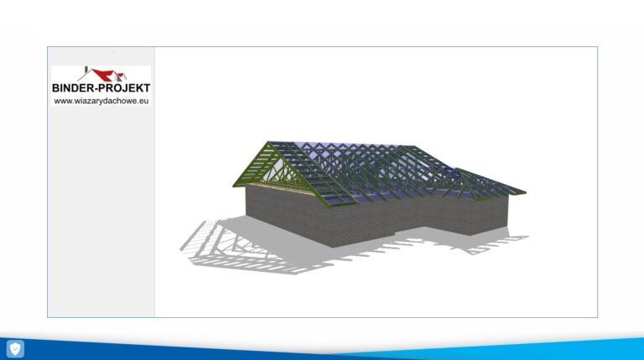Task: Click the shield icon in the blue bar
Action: tap(15, 349)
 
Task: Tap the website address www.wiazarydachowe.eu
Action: tap(101, 101)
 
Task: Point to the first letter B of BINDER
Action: tap(55, 87)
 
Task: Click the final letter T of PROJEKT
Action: tap(147, 87)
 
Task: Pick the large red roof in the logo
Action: tap(102, 75)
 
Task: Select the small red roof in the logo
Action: tap(122, 76)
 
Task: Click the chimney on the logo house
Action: tap(86, 70)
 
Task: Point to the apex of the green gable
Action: tap(268, 142)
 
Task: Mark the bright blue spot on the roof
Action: tap(450, 170)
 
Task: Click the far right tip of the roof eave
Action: tap(526, 192)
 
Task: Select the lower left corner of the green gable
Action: tap(234, 185)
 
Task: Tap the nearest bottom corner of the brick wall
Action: tap(332, 247)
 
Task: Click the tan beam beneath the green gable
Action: tap(278, 189)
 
